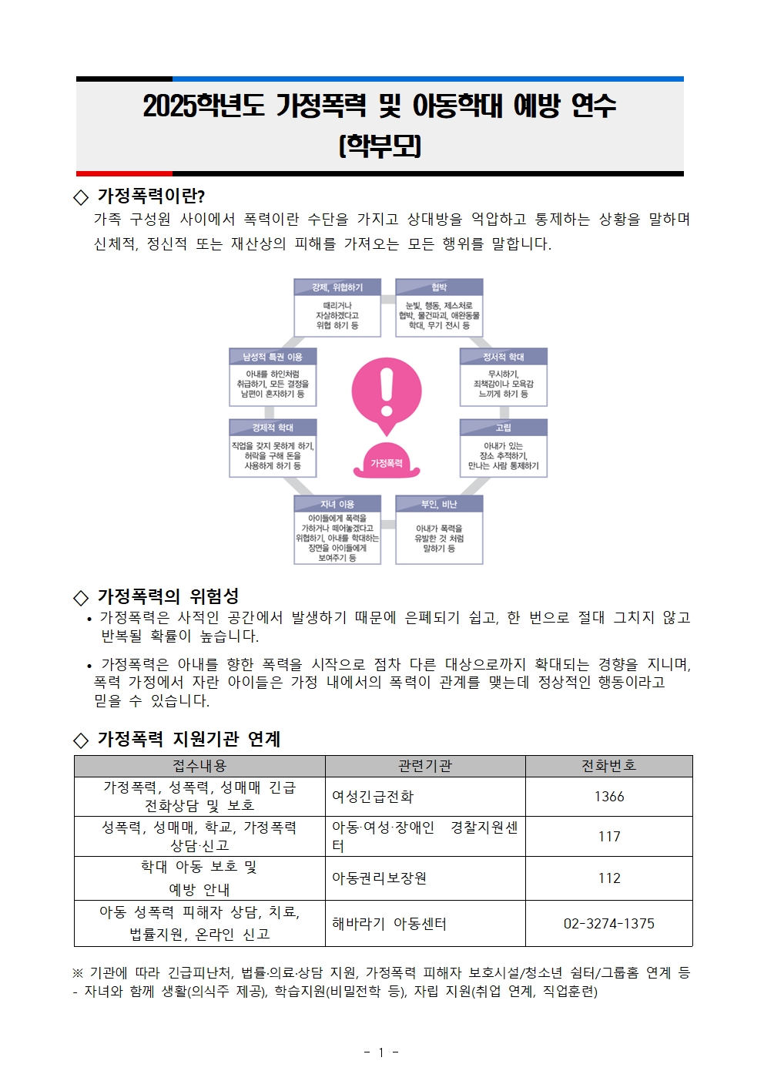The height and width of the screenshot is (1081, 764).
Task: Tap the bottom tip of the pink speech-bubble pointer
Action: (x=387, y=437)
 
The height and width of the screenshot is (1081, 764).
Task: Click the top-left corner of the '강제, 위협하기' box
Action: (x=293, y=278)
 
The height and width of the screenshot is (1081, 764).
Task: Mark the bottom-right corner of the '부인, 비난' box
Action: (x=483, y=564)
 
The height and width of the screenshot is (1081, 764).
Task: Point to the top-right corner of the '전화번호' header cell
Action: (x=692, y=756)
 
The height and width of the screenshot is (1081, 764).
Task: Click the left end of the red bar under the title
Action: (x=76, y=173)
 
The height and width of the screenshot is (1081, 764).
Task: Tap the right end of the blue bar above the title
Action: (x=683, y=79)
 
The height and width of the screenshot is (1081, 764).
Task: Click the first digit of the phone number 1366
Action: (x=597, y=797)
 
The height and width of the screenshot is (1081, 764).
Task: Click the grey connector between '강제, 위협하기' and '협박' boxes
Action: (x=388, y=299)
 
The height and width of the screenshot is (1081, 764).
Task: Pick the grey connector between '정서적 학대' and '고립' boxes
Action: (x=504, y=413)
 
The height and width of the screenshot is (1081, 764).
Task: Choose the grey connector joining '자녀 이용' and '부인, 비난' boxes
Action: (x=388, y=524)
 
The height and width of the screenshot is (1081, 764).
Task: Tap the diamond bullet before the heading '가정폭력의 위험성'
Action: (x=81, y=598)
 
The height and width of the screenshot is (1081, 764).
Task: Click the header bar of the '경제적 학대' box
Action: (x=273, y=428)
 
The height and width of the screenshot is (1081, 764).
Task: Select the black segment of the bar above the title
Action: (x=125, y=79)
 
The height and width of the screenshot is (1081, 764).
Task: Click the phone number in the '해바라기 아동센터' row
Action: (x=608, y=924)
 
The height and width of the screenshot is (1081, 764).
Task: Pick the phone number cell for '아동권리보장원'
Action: (x=609, y=878)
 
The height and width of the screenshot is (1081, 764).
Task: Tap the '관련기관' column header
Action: (x=425, y=766)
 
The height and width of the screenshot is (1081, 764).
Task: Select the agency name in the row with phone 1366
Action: (x=372, y=797)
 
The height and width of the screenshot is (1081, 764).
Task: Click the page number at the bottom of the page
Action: (x=381, y=1052)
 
